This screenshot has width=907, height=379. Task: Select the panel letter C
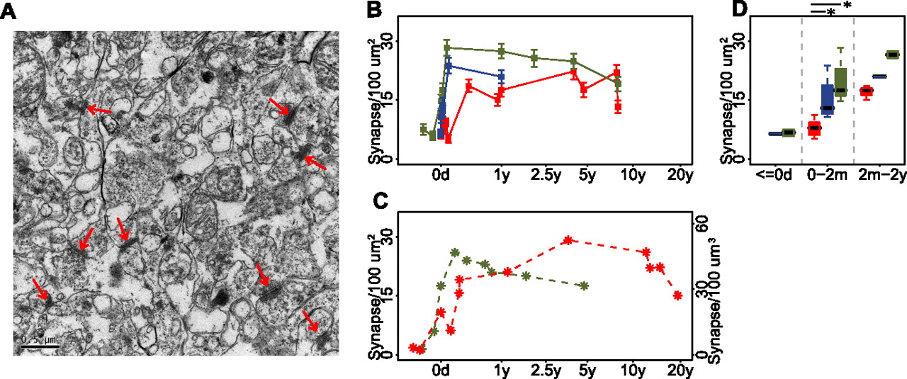[381, 201]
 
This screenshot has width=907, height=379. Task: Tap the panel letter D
[739, 10]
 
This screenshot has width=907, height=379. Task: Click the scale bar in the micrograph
[40, 346]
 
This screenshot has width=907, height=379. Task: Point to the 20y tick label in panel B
[680, 176]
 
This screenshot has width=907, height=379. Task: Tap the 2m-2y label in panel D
[882, 176]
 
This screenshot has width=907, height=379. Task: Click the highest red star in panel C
[568, 240]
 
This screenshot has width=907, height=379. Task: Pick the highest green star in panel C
[455, 253]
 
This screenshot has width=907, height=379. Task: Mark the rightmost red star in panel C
[677, 295]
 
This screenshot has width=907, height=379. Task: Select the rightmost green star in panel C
[583, 286]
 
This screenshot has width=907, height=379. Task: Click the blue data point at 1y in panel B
[501, 76]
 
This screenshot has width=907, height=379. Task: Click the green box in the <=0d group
[789, 132]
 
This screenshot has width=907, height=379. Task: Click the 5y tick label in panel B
[587, 176]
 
